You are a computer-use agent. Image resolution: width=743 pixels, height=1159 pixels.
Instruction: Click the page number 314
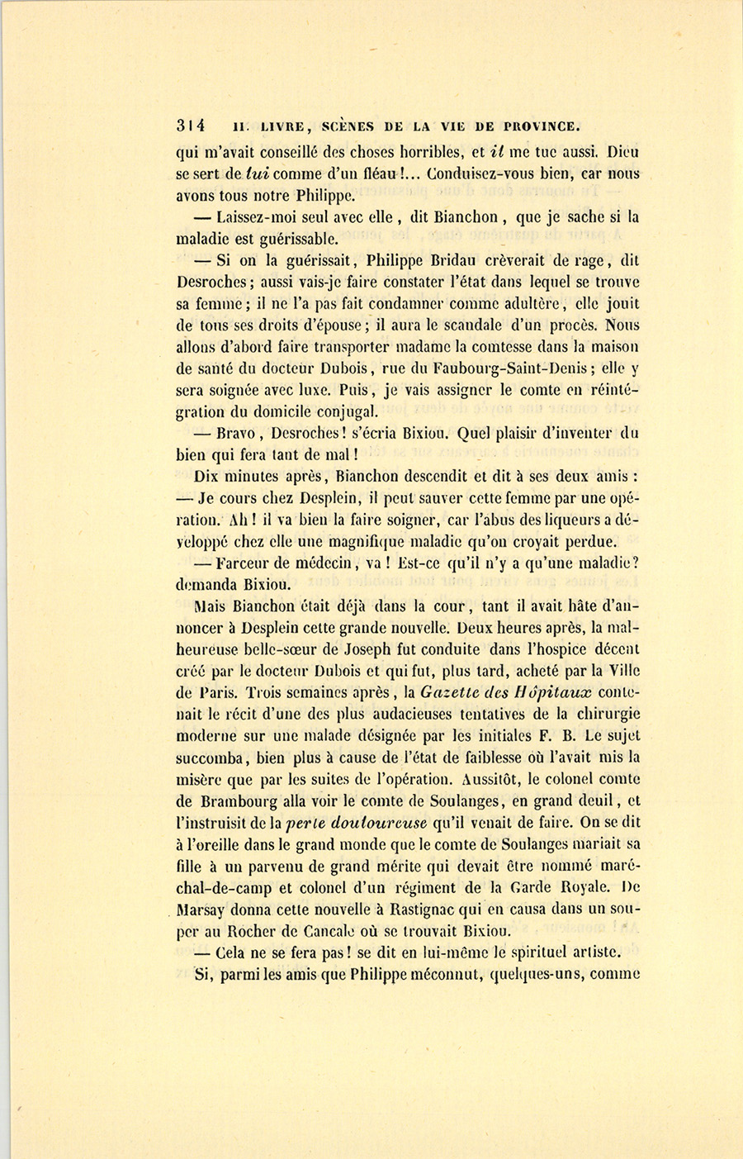click(x=191, y=126)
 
